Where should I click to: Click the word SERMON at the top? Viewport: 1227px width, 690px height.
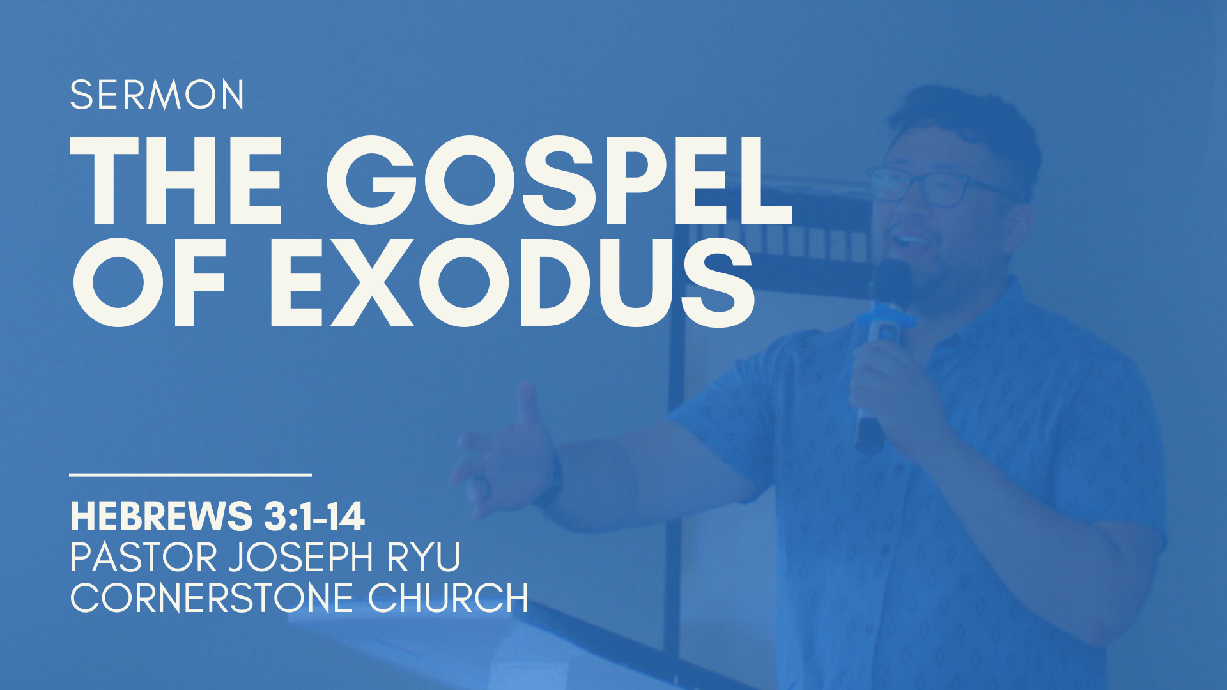157,95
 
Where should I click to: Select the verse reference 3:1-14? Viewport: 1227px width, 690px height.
314,516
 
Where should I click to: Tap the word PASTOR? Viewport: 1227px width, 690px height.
144,557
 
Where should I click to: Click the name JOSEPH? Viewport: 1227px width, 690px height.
300,557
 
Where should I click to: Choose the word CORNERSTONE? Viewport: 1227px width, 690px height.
212,598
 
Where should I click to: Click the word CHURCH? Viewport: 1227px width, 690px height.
448,598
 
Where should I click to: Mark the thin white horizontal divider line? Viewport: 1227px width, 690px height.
190,475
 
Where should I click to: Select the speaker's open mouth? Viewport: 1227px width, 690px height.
911,241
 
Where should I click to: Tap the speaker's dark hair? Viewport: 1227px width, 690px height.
965,121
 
